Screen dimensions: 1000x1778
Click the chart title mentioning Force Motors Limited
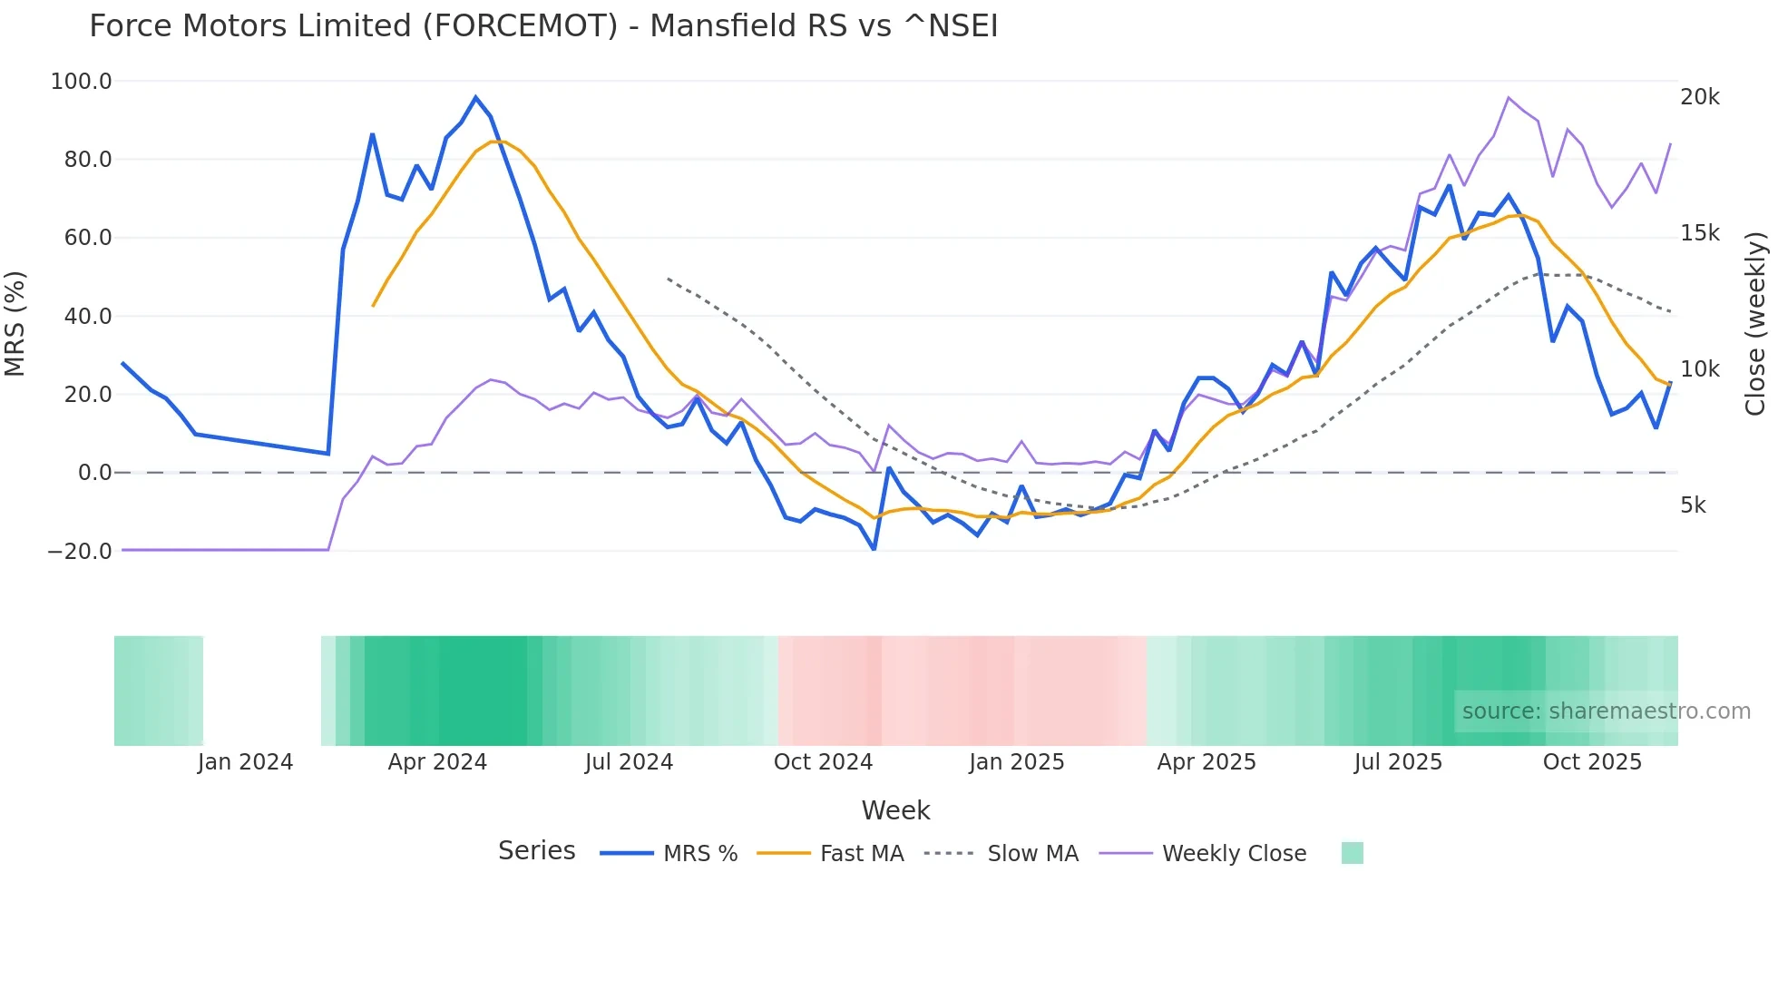pos(542,25)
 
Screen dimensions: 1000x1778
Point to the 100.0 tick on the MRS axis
pos(82,82)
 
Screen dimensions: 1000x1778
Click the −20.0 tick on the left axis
pos(80,551)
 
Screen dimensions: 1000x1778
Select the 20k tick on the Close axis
pos(1699,97)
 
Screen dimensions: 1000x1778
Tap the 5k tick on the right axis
pos(1693,505)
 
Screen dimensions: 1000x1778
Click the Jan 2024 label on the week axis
pos(245,762)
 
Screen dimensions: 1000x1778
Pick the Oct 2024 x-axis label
pos(823,762)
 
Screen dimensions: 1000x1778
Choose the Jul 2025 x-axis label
pos(1398,762)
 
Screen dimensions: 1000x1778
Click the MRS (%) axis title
pos(15,323)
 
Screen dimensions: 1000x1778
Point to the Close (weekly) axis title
pos(1755,323)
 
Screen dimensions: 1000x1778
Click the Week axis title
pos(895,810)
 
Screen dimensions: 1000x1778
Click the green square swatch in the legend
pos(1352,853)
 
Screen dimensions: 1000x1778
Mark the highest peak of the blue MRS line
pos(475,97)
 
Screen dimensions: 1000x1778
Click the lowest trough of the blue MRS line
pos(874,549)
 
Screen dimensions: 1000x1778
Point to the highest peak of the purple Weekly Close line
pos(1509,97)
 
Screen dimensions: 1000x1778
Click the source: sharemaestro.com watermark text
pos(1606,711)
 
